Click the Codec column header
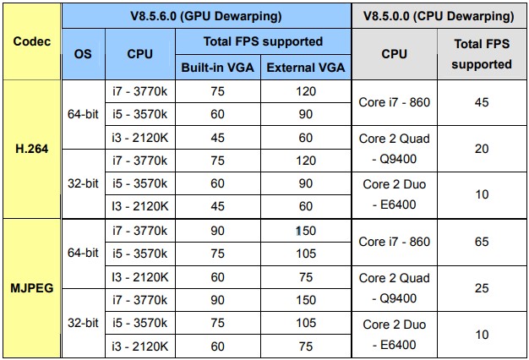[x=32, y=41]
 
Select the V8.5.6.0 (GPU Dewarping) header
[x=206, y=16]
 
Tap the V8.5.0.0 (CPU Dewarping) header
[x=439, y=16]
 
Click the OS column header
[x=83, y=54]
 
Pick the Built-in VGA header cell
[x=218, y=68]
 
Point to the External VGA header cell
[x=306, y=68]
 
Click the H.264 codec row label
[x=32, y=149]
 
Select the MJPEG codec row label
[x=32, y=288]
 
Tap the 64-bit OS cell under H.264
[x=83, y=114]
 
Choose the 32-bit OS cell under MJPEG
[x=83, y=323]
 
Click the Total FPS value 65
[x=482, y=242]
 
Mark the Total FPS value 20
[x=482, y=149]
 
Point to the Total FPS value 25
[x=482, y=288]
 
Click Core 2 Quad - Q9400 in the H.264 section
[x=394, y=149]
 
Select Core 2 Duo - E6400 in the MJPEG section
[x=394, y=335]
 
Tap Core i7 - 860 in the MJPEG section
[x=394, y=242]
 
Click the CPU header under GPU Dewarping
[x=139, y=54]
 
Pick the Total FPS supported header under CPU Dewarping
[x=482, y=54]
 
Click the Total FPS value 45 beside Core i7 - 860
[x=482, y=102]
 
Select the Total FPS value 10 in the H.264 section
[x=482, y=194]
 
